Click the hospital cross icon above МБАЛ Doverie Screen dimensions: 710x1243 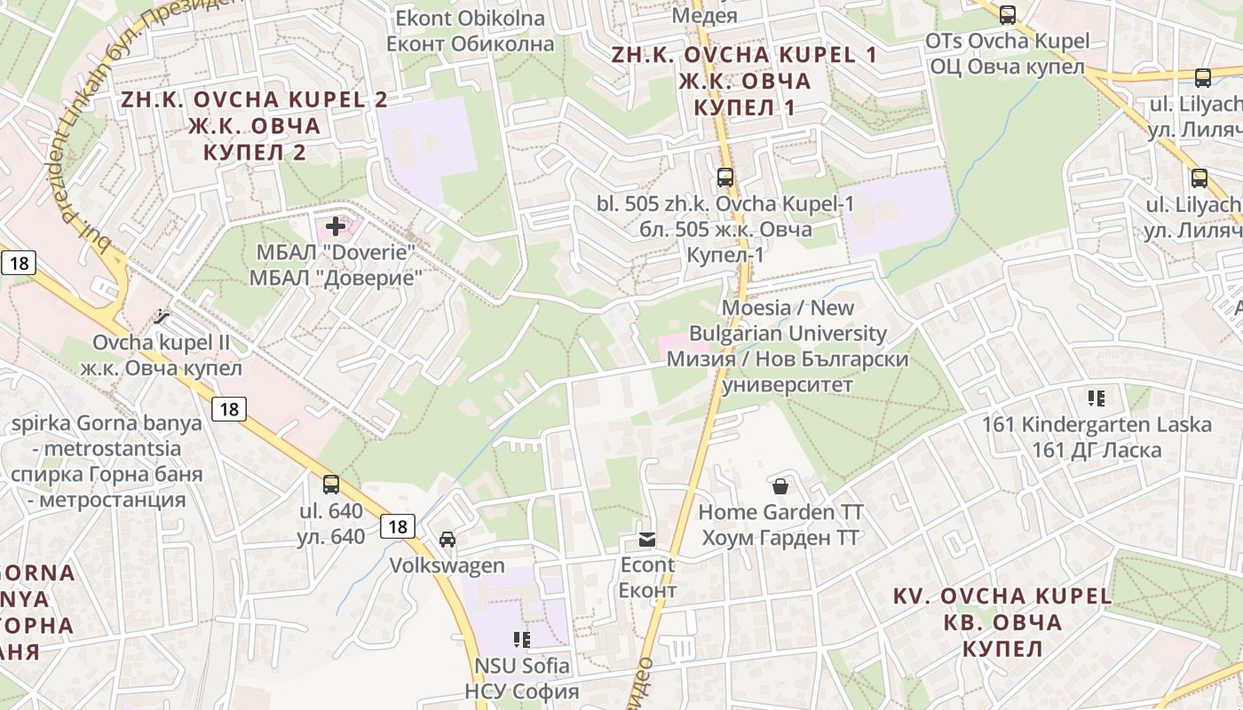[x=336, y=226]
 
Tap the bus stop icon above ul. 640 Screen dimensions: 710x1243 [x=331, y=485]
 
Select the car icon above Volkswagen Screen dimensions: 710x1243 [x=447, y=540]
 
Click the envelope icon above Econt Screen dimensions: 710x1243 [x=647, y=539]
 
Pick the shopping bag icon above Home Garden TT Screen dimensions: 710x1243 [x=780, y=485]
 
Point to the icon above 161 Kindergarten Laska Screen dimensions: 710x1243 [x=1097, y=398]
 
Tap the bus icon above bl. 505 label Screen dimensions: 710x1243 [x=725, y=177]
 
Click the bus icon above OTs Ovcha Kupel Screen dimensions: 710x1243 [x=1008, y=14]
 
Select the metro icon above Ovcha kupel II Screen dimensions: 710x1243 [x=161, y=315]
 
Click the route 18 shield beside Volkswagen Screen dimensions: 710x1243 [x=398, y=526]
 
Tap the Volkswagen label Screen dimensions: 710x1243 [x=447, y=565]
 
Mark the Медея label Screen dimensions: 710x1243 [x=704, y=15]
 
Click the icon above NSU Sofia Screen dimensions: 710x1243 [x=522, y=639]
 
